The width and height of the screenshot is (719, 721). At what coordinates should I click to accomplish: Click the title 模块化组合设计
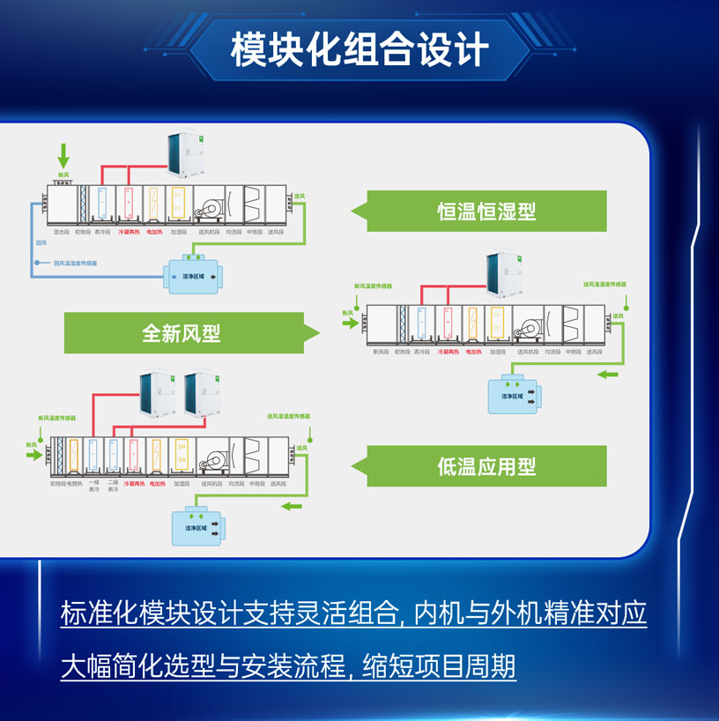pyautogui.click(x=359, y=49)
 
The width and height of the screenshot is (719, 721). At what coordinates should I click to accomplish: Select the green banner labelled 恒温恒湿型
pyautogui.click(x=486, y=212)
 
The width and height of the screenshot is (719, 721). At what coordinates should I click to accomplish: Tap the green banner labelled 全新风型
pyautogui.click(x=182, y=333)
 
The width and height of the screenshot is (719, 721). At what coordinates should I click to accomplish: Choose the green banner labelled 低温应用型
pyautogui.click(x=486, y=466)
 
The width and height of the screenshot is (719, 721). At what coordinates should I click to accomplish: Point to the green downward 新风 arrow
pyautogui.click(x=63, y=157)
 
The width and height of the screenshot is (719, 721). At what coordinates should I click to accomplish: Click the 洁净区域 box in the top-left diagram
pyautogui.click(x=191, y=275)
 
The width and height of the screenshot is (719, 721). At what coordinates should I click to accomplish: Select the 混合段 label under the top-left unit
pyautogui.click(x=61, y=233)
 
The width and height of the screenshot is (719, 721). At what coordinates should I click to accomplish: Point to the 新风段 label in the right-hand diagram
pyautogui.click(x=380, y=352)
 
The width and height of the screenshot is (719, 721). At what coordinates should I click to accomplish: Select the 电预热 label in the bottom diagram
pyautogui.click(x=74, y=483)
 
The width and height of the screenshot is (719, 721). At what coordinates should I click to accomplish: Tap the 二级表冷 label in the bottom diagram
pyautogui.click(x=113, y=486)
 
